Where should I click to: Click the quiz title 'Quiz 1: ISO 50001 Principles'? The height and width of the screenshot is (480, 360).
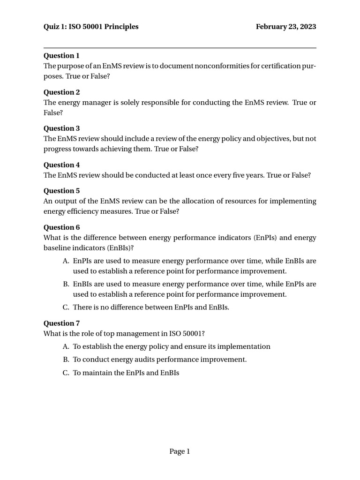pos(91,27)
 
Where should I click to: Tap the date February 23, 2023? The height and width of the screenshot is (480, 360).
pos(285,27)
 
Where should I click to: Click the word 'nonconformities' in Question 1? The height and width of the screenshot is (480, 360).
pos(221,66)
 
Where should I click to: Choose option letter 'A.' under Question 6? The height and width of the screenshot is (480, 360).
pos(66,261)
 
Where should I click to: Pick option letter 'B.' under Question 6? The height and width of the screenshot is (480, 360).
pos(66,284)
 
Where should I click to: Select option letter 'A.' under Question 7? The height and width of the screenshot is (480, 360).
pos(66,346)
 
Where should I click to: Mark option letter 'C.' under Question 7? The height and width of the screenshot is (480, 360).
pos(66,373)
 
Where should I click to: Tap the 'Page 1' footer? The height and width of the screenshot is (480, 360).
pos(180,451)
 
